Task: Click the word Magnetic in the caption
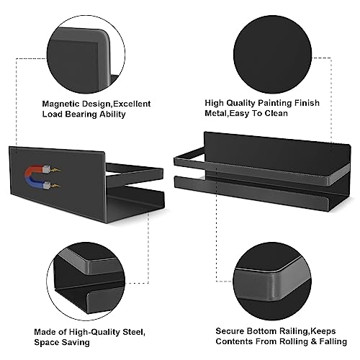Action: coord(61,104)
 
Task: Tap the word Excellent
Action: coord(132,104)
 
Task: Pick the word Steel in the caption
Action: coord(134,333)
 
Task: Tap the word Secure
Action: coord(230,331)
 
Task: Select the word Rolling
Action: coord(297,341)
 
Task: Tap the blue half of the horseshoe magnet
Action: coord(35,183)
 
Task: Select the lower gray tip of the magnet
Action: coord(48,184)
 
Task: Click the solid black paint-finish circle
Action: coord(272,54)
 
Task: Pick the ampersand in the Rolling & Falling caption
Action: coord(317,341)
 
